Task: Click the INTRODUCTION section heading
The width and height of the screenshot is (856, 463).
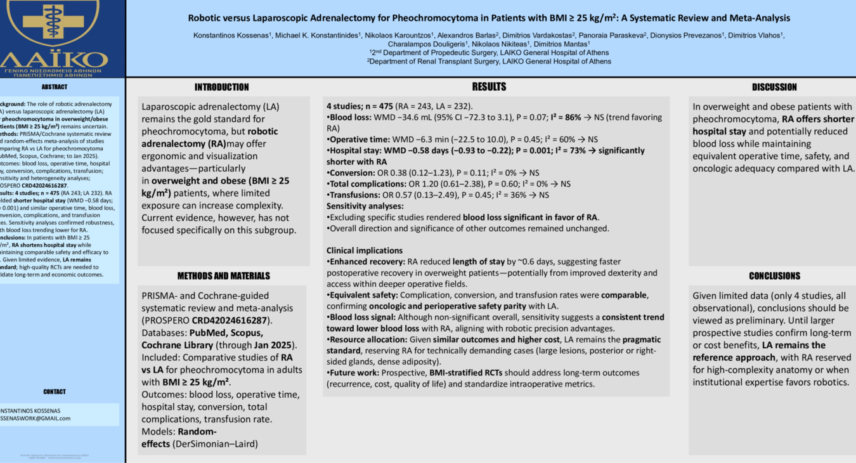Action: click(x=221, y=88)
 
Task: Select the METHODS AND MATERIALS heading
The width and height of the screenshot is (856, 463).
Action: click(x=223, y=276)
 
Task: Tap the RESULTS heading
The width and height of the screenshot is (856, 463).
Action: click(x=489, y=87)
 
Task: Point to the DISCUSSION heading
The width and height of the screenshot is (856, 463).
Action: click(x=774, y=88)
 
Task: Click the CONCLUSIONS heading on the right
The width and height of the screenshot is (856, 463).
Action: click(x=774, y=276)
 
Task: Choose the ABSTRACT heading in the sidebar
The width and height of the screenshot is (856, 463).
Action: click(x=55, y=87)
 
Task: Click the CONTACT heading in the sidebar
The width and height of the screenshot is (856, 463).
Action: click(x=55, y=392)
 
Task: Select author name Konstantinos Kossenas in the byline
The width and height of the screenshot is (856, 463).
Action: click(x=232, y=36)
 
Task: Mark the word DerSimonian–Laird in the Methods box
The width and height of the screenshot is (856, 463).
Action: click(x=215, y=444)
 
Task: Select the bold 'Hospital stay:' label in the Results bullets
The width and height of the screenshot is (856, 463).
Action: click(x=355, y=151)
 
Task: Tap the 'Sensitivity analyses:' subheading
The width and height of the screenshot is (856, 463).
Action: click(x=365, y=206)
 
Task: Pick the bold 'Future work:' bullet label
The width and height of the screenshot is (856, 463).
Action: click(x=353, y=373)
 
